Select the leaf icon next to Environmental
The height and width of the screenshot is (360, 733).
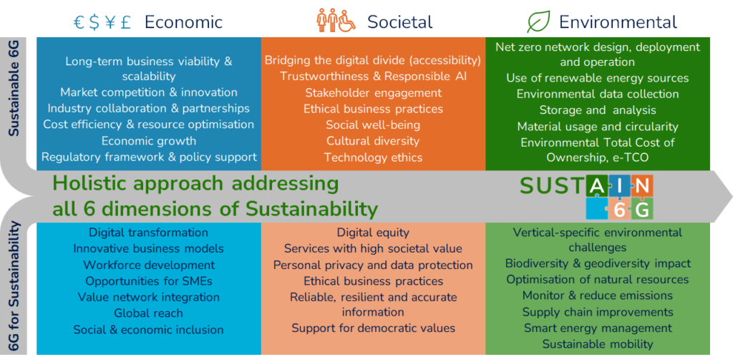click(x=538, y=22)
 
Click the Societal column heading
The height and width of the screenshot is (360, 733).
click(x=399, y=22)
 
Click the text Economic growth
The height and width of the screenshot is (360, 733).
click(x=149, y=141)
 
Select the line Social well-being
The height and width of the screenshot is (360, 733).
click(x=373, y=125)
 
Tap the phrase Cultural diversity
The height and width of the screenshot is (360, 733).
click(x=373, y=141)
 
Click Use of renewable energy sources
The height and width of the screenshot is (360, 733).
click(x=598, y=78)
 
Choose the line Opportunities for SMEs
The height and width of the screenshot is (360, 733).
click(x=149, y=281)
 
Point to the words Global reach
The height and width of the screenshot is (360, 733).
click(x=149, y=313)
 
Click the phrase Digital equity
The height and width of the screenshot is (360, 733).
click(x=373, y=233)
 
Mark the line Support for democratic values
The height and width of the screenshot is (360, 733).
click(x=373, y=329)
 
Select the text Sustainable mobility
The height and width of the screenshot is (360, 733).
click(x=598, y=344)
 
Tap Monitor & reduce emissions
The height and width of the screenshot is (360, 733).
click(x=598, y=296)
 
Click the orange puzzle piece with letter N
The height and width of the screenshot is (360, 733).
click(x=643, y=188)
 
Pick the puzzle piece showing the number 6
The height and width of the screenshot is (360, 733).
click(x=620, y=209)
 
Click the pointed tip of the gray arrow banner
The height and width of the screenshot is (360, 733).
click(x=732, y=196)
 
